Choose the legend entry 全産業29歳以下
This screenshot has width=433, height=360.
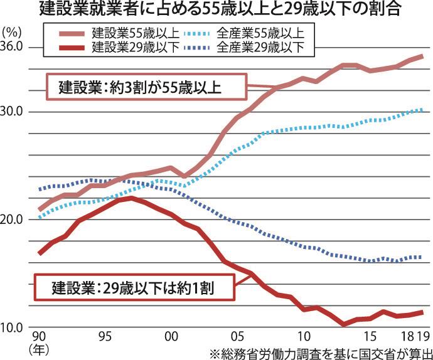coord(257,46)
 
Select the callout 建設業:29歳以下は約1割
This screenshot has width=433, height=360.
coord(134,288)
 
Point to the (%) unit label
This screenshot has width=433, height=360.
coord(14,31)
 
